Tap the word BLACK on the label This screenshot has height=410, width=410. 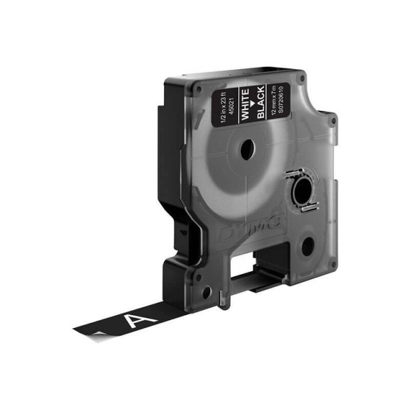(x=261, y=104)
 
